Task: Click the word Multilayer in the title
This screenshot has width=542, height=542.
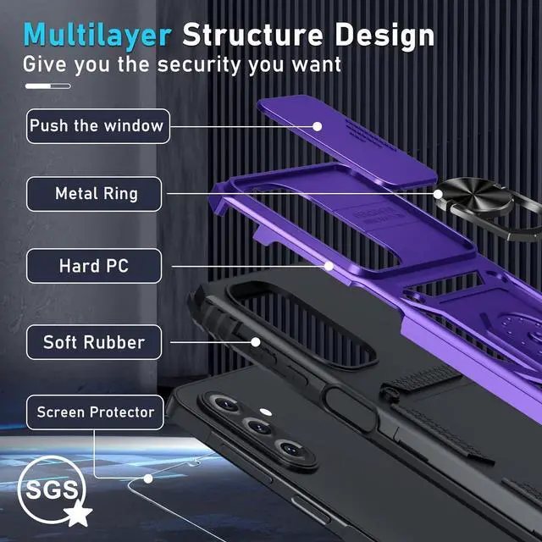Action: click(x=97, y=36)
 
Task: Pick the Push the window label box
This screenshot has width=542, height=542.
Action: click(x=97, y=126)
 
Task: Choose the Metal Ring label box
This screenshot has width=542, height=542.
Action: click(x=97, y=194)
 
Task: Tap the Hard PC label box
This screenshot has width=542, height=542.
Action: click(x=93, y=266)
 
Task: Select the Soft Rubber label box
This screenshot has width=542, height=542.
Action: click(x=93, y=342)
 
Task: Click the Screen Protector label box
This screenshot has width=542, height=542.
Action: click(x=95, y=413)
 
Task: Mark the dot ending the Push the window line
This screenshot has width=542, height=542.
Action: click(x=318, y=126)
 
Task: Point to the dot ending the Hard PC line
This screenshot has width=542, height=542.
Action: click(x=329, y=265)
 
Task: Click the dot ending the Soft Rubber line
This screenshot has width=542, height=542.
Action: click(x=255, y=341)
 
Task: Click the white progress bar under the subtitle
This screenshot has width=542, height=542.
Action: click(x=47, y=86)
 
